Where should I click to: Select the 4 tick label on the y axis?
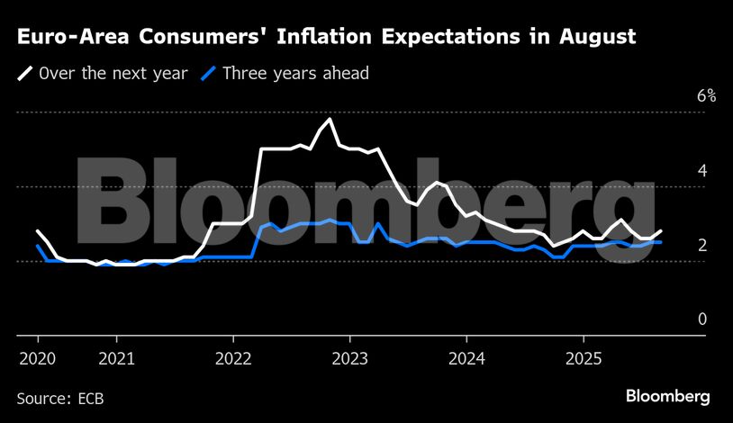[x=701, y=170]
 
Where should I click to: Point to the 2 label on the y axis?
[x=701, y=245]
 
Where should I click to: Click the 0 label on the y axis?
[x=701, y=319]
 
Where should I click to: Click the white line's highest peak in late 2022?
[x=330, y=119]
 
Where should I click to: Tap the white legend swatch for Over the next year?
[x=25, y=73]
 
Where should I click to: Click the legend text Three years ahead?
[x=295, y=73]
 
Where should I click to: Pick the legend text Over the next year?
[x=113, y=73]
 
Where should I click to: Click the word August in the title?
[x=592, y=38]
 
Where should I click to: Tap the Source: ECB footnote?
[x=59, y=397]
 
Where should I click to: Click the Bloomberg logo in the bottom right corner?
[x=668, y=396]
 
